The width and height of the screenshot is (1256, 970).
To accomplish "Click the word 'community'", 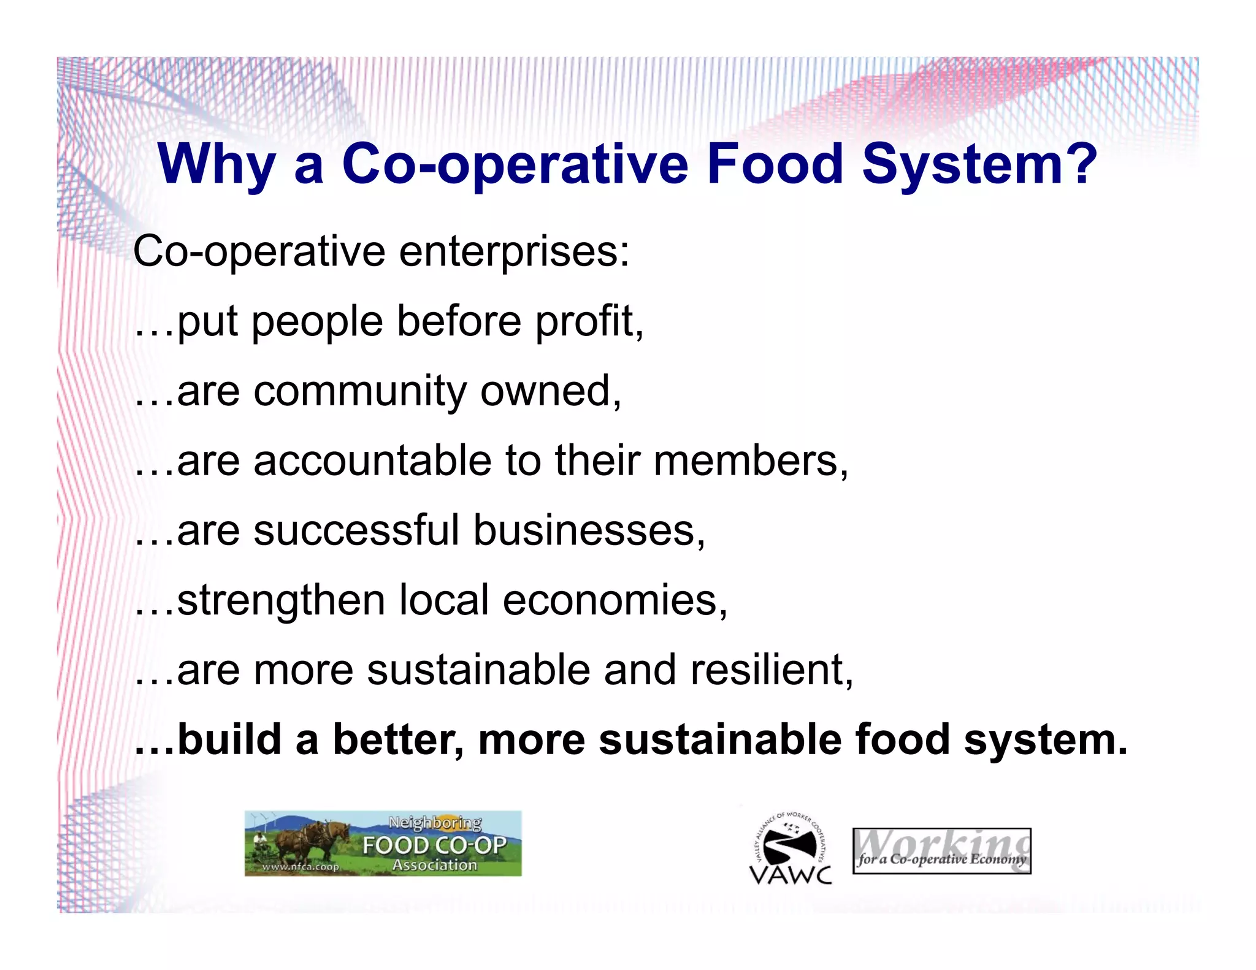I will [360, 391].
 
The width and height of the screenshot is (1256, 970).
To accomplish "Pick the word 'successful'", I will [356, 530].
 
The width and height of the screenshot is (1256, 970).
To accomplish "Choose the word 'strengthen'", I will [281, 600].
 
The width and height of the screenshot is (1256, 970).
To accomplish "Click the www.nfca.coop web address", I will [301, 867].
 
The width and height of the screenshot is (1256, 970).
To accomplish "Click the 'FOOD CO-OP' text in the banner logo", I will [434, 846].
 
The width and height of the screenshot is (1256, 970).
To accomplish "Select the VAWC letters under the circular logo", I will [791, 874].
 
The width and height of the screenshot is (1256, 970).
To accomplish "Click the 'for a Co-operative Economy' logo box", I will [941, 852].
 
